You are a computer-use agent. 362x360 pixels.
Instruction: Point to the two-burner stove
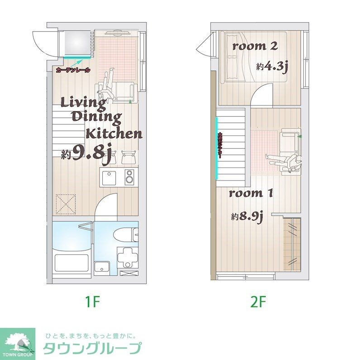(130, 177)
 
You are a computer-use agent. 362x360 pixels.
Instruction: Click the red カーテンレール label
(73, 71)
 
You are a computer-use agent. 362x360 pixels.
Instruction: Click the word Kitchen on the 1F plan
(114, 133)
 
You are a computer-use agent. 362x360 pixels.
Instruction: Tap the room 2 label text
(255, 46)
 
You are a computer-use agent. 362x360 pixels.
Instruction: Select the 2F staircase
(231, 145)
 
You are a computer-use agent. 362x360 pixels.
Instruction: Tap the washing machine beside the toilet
(127, 258)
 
